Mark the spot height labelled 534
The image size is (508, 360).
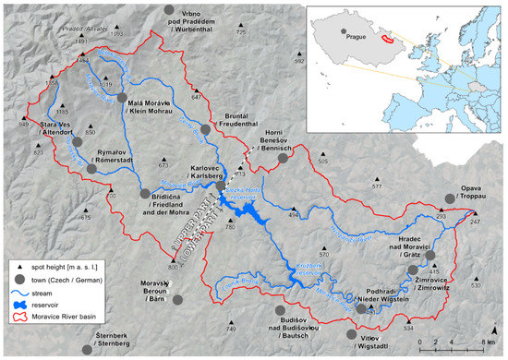pos(408,329)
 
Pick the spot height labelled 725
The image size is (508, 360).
pos(241,33)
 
